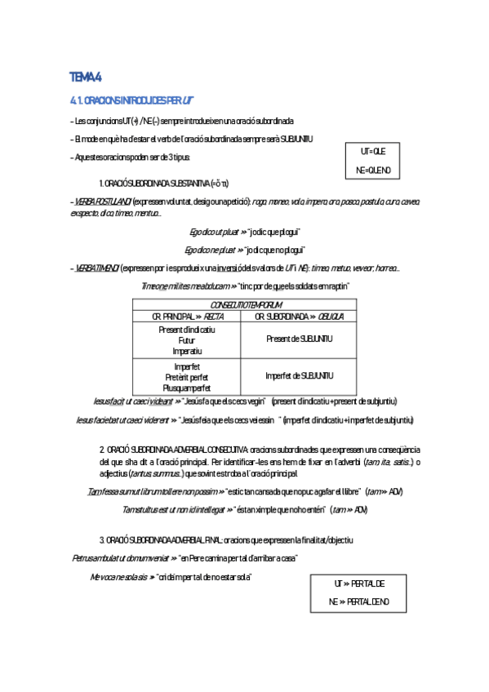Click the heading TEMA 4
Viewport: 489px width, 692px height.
coord(86,78)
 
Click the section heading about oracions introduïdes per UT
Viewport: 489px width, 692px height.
coord(131,100)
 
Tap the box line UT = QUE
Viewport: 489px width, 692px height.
coord(372,152)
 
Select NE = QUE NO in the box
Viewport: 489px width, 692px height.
coord(373,170)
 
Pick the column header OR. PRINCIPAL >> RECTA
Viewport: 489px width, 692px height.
coord(188,316)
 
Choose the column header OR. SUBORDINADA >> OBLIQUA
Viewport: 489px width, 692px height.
coord(300,316)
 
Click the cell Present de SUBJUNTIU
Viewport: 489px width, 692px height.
coord(300,339)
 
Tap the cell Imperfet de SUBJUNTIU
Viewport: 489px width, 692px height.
coord(300,375)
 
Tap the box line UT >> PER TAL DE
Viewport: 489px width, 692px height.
coord(359,583)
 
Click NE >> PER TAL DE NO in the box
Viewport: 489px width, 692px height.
coord(359,602)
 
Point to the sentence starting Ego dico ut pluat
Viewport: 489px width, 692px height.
coord(244,231)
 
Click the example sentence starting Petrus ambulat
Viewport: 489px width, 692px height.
coord(184,557)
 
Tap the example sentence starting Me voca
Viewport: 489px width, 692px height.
coord(171,577)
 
